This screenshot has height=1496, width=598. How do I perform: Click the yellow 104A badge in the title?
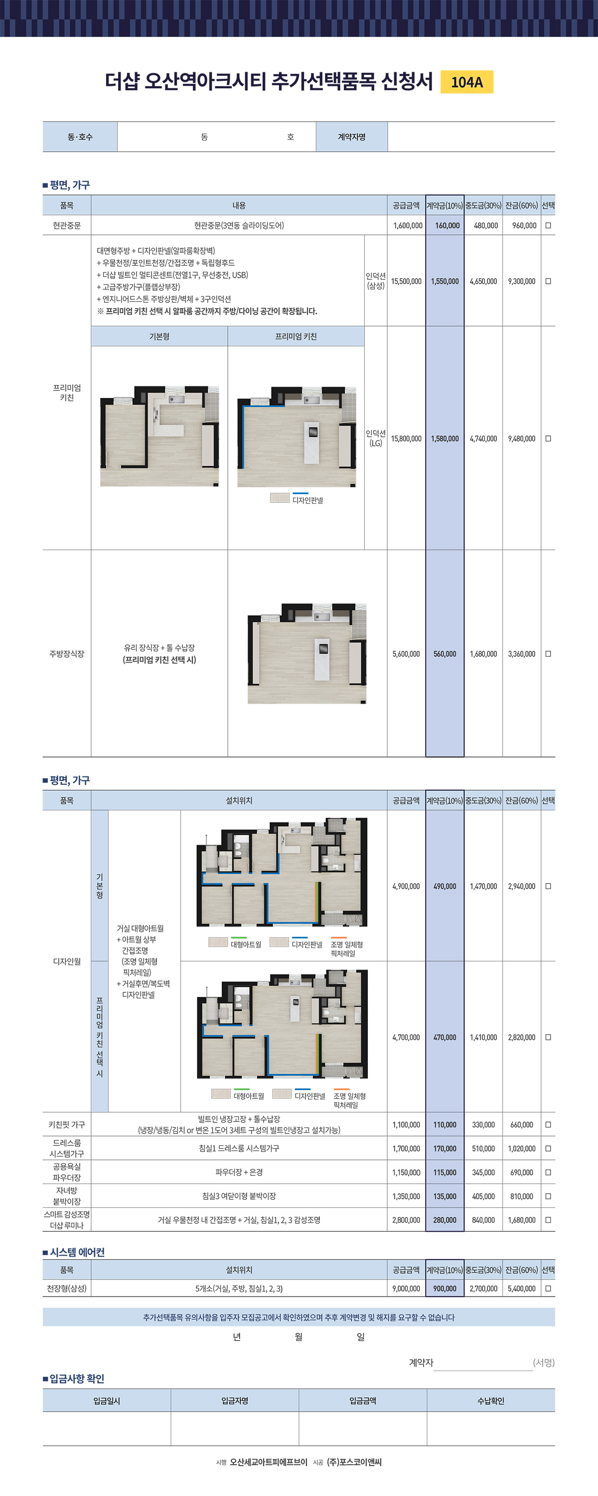467,82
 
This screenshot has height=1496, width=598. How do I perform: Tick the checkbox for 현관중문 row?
548,225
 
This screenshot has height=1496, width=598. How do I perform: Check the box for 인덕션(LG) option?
548,438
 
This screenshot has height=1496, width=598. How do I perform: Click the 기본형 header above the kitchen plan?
159,336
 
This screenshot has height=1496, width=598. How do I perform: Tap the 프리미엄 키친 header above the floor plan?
296,336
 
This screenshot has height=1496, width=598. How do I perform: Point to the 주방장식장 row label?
67,653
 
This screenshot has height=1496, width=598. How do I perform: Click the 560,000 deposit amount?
445,654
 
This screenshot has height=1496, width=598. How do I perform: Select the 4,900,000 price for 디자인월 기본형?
406,886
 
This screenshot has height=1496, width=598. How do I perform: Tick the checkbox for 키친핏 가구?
548,1124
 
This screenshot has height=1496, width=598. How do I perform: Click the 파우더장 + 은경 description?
239,1172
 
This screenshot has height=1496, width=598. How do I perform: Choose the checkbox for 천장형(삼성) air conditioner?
548,1288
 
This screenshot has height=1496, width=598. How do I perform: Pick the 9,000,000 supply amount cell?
406,1288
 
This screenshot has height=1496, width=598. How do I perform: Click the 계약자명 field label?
352,137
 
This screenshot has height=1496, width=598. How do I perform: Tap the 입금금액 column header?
363,1401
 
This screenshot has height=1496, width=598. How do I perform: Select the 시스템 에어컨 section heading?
77,1252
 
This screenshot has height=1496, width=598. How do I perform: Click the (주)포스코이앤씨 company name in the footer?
354,1462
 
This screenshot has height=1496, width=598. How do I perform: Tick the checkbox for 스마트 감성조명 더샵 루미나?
548,1220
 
